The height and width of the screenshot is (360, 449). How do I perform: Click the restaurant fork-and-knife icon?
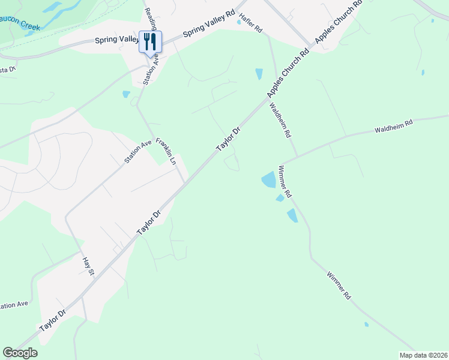click(x=150, y=41)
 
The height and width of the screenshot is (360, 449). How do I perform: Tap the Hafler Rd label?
click(x=251, y=22)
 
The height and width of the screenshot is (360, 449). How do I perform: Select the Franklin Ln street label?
click(x=166, y=151)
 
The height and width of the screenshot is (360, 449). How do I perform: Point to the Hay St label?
click(x=89, y=266)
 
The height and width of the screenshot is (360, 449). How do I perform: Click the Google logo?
click(x=20, y=353)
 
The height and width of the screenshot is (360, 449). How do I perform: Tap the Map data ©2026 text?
click(x=423, y=355)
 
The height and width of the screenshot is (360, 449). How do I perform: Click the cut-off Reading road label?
click(x=151, y=13)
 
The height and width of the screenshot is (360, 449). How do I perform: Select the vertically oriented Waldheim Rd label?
click(x=280, y=119)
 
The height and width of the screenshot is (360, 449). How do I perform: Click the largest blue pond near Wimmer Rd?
click(x=268, y=179)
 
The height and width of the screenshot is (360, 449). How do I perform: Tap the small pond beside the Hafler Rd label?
click(x=239, y=22)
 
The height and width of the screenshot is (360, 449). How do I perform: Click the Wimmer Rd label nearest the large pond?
click(x=285, y=182)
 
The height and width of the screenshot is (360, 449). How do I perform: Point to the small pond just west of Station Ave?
click(x=126, y=94)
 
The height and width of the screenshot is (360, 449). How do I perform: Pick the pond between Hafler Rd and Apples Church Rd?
click(x=259, y=74)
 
